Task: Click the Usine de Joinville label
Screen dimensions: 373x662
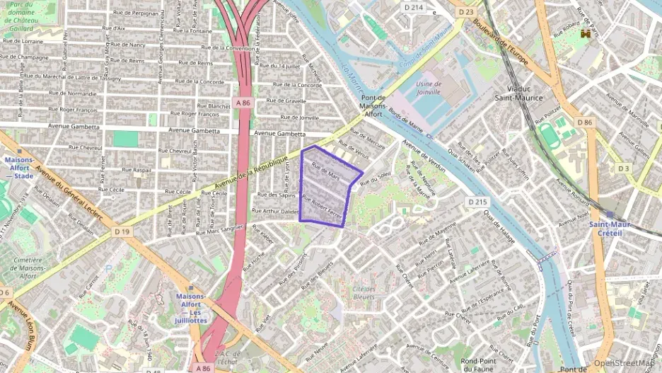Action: coord(428,87)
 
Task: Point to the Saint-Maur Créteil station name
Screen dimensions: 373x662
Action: coord(610,229)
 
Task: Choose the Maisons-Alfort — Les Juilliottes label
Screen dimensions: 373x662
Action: coord(190,304)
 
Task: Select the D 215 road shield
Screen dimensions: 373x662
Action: coord(477,202)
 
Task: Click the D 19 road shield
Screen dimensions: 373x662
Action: coord(122,231)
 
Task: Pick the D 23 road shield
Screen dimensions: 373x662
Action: coord(465,12)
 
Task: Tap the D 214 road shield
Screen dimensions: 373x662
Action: coord(413,7)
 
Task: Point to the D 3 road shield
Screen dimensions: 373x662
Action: coord(622,168)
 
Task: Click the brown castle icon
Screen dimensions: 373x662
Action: coord(585,33)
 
